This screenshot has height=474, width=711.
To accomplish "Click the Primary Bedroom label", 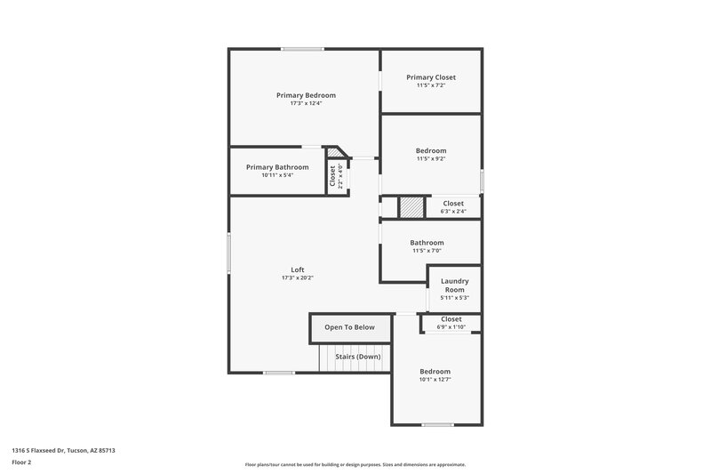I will pos(306,95).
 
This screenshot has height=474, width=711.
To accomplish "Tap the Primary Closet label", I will pos(430,77).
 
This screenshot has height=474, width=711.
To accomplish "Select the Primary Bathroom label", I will pos(277,167).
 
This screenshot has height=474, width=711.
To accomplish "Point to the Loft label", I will pos(298,270).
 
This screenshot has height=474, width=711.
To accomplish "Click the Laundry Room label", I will pos(454,285).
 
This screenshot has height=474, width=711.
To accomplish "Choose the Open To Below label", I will pos(349,327).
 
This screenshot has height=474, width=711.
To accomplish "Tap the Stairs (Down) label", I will pos(357,357).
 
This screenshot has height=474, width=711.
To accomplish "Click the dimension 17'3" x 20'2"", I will pos(298,278).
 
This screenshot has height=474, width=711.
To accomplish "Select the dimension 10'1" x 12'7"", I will pos(435,380).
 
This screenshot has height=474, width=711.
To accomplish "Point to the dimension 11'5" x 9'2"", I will pos(430,159).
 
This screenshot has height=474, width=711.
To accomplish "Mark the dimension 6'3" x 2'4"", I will pos(453,212).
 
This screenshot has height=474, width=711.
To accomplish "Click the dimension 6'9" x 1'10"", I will pos(451,327).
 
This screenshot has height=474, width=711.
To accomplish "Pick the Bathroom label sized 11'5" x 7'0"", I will pos(427,243).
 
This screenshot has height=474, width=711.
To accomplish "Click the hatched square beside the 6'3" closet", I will pos(411,207).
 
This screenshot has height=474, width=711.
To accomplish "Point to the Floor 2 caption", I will pos(22,462).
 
